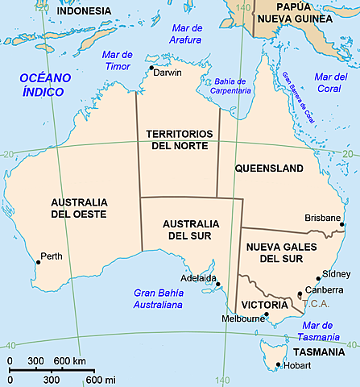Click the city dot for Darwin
pos(151,68)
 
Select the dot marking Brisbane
pos(342,225)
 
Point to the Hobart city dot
pos(278,365)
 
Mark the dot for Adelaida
pos(217,284)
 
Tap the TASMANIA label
pos(320,352)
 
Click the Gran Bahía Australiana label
pos(159,299)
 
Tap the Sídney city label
pos(336,273)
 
